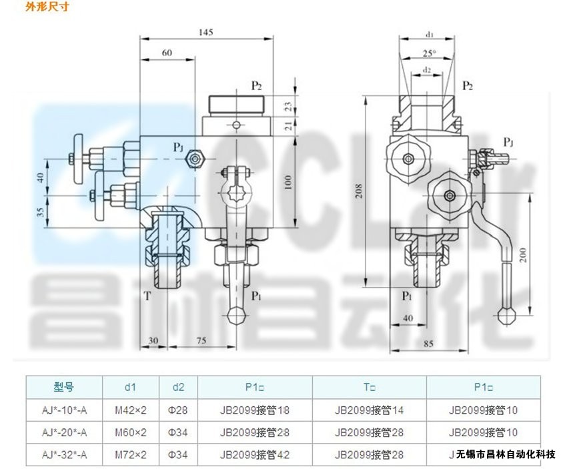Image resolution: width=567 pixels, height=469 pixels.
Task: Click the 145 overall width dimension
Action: click(x=205, y=31)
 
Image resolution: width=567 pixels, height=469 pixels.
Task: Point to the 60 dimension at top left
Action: click(x=167, y=52)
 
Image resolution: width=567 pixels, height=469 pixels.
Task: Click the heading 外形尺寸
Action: click(x=47, y=7)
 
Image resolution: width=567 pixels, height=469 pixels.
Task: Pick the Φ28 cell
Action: click(x=178, y=410)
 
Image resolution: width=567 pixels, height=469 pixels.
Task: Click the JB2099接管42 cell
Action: click(x=255, y=455)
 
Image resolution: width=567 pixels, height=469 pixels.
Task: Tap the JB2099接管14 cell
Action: click(x=369, y=410)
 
